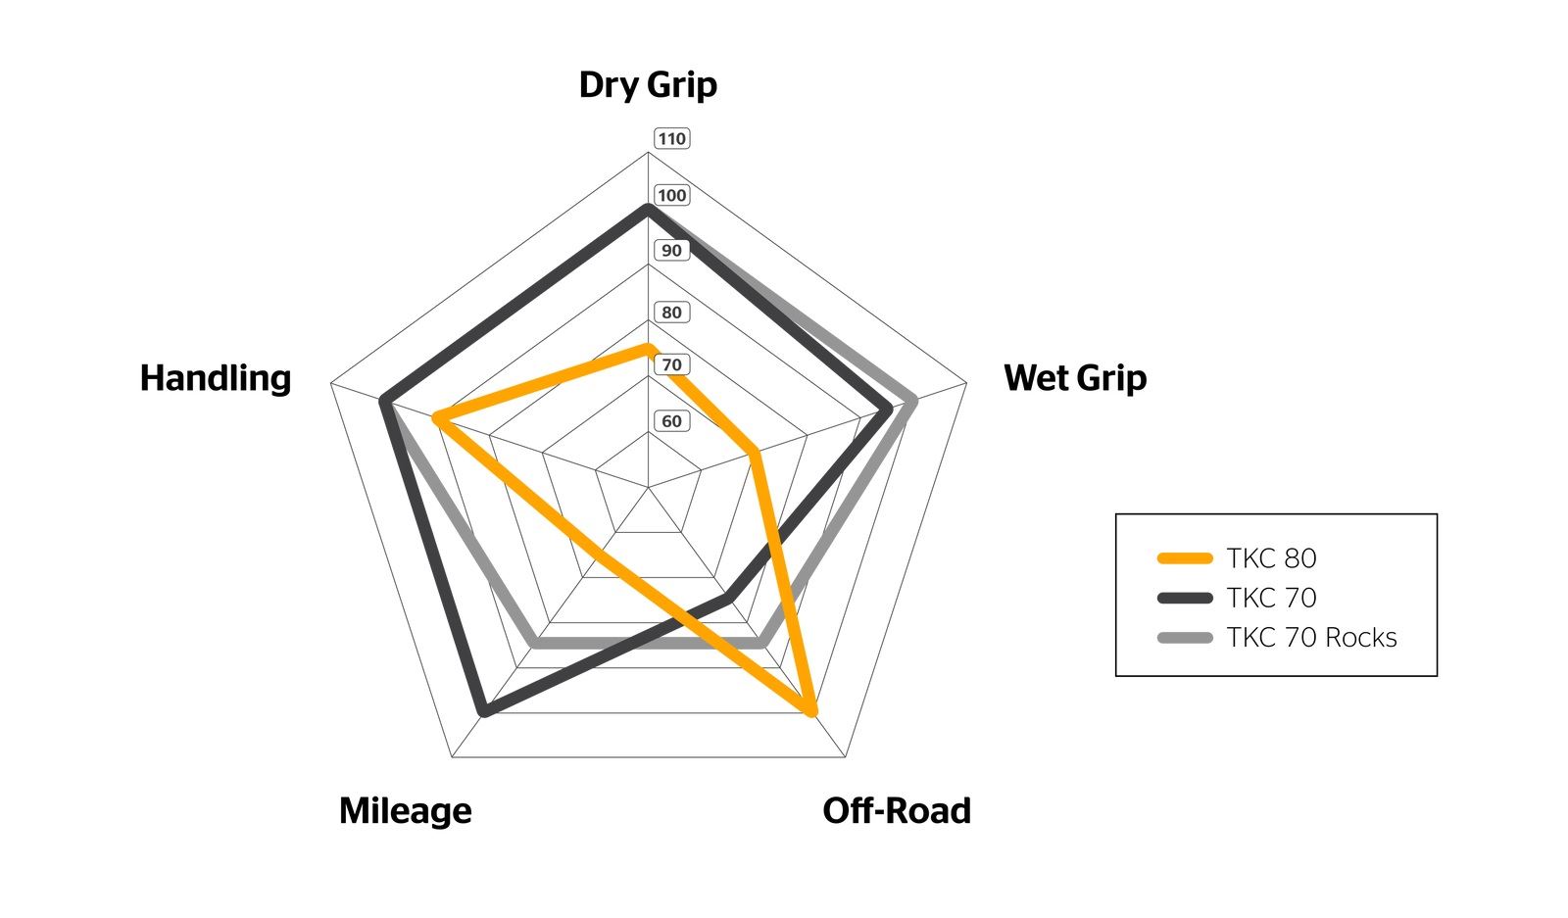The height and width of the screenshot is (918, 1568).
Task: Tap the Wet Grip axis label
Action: (1075, 378)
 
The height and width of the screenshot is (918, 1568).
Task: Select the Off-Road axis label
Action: (897, 811)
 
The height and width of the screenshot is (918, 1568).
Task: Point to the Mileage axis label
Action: (406, 812)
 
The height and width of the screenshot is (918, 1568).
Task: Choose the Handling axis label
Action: (216, 378)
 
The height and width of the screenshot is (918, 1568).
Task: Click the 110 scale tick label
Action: (672, 138)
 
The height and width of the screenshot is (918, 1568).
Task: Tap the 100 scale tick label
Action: (672, 195)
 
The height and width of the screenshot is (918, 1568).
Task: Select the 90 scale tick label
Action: (672, 251)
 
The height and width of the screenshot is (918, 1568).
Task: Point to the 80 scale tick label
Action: (672, 313)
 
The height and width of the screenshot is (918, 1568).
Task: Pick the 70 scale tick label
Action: (672, 364)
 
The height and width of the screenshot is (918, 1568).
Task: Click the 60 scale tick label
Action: (672, 421)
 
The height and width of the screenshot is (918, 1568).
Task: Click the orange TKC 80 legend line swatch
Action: (1185, 558)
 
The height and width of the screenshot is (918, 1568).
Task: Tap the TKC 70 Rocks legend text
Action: (1312, 638)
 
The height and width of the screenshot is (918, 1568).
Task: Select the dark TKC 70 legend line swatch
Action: (1185, 599)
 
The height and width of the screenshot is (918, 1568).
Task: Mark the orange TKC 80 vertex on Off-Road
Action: (810, 711)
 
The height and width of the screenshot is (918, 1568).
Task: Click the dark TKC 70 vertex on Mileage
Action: (484, 711)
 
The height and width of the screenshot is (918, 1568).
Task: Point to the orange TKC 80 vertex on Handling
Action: (437, 418)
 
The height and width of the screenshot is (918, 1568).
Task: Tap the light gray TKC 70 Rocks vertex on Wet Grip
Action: (911, 402)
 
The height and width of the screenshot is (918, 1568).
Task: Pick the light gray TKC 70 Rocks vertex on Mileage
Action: (535, 643)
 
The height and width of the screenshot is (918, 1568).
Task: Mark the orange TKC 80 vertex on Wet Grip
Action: (754, 453)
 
